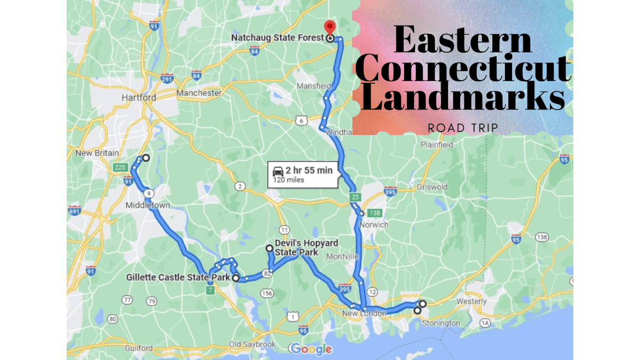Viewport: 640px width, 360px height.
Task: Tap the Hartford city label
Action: tap(139, 98)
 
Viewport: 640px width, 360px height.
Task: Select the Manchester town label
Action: tap(199, 93)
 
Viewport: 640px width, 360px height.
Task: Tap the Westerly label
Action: tap(471, 301)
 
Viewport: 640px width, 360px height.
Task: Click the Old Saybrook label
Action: tap(252, 344)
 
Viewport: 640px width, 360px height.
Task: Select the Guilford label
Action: tap(139, 348)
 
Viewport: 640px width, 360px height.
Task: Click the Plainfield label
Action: tap(437, 145)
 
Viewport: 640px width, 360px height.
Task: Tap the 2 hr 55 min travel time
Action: tap(309, 171)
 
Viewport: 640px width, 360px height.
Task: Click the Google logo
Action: tap(311, 349)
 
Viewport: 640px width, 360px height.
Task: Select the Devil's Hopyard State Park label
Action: tap(306, 247)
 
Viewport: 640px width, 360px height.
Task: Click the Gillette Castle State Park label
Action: tap(178, 277)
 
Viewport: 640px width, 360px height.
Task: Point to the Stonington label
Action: tap(441, 323)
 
